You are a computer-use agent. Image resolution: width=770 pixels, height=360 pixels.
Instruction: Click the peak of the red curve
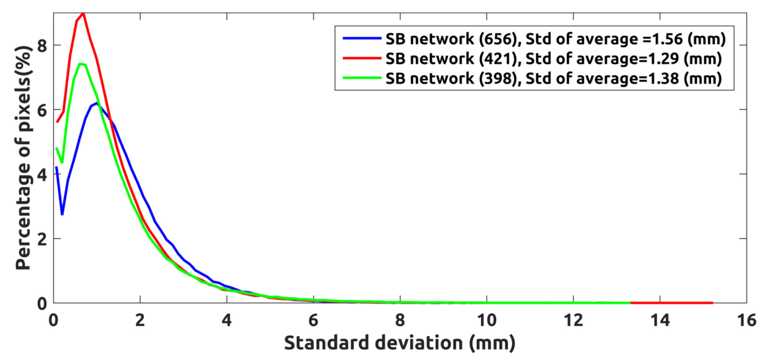[83, 13]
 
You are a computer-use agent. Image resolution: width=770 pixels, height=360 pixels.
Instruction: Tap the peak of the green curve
[80, 64]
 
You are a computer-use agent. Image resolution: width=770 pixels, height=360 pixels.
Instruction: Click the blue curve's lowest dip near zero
[62, 214]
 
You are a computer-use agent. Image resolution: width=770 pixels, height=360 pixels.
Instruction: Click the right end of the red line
[712, 303]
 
